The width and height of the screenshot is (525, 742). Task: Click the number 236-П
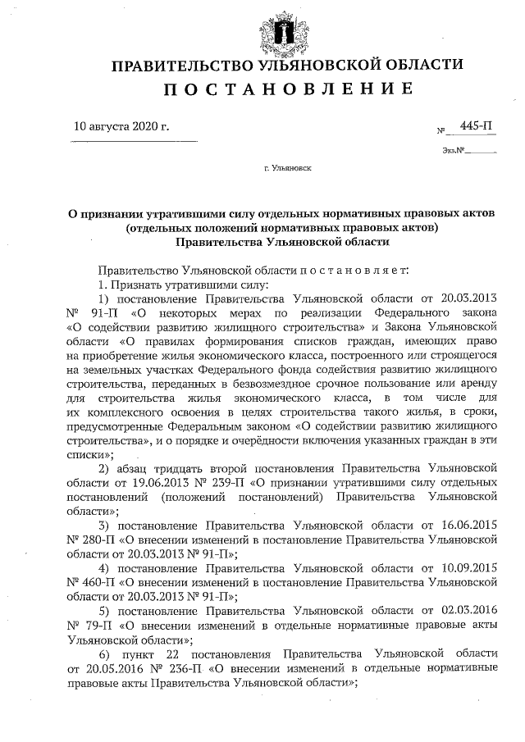(175, 667)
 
